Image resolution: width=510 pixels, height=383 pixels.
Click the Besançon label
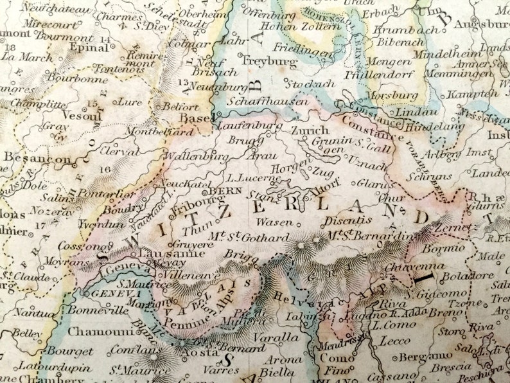[37, 158]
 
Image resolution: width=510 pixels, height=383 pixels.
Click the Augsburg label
[482, 24]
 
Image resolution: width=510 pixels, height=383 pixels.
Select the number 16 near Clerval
[105, 169]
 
